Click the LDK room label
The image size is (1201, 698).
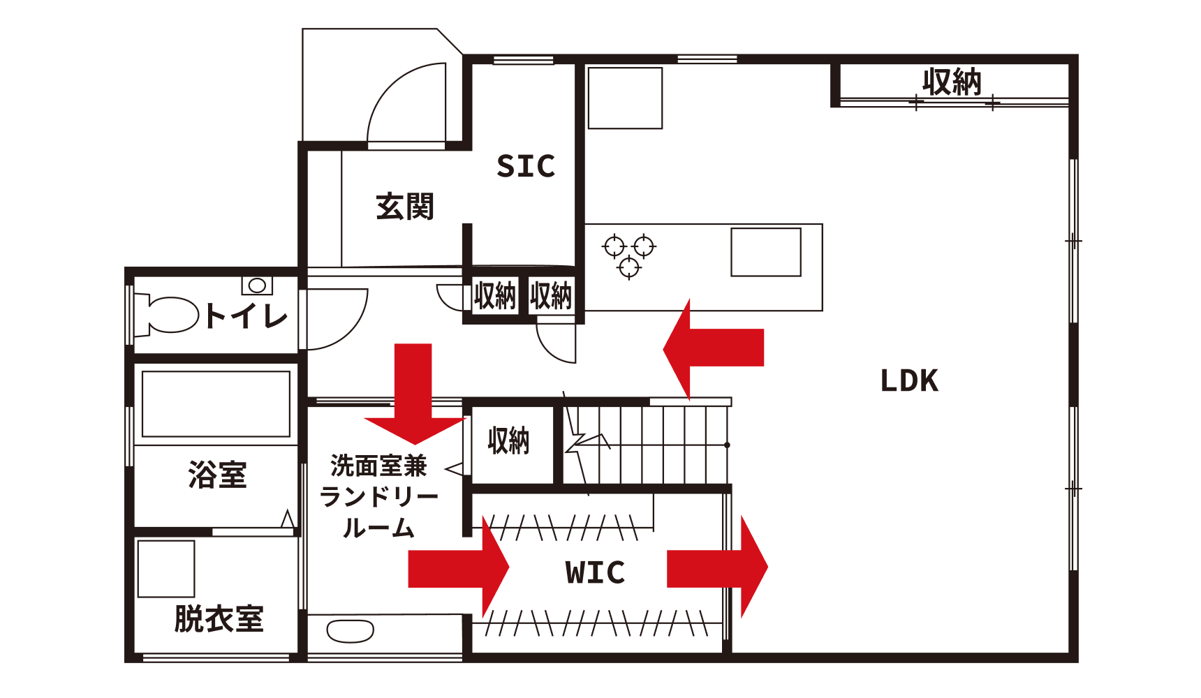tap(909, 381)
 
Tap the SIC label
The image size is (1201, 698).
tap(526, 166)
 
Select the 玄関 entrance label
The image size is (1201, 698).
tap(405, 207)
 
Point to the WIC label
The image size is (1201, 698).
tap(595, 572)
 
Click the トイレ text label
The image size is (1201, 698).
tap(246, 316)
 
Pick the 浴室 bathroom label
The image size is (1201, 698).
tap(217, 475)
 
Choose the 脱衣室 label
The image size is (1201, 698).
tap(219, 618)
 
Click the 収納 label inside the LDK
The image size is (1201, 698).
tap(952, 82)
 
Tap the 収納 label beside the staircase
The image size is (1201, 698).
tap(508, 441)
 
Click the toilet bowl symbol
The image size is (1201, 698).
tap(172, 315)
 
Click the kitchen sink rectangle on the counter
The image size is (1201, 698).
tap(766, 252)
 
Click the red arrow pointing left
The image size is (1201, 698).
tap(712, 348)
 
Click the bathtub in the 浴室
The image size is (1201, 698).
tap(216, 404)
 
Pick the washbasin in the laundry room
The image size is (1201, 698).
tap(350, 631)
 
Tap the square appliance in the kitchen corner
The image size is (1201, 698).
tap(625, 98)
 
